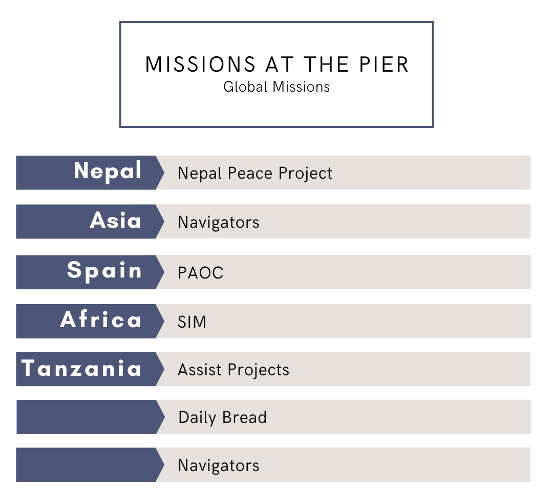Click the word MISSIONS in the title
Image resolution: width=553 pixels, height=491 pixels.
coord(200,65)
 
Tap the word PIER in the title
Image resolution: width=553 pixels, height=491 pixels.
coord(384,65)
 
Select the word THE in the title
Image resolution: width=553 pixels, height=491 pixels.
coord(326,65)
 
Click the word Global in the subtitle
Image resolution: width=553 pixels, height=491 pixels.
coord(245,87)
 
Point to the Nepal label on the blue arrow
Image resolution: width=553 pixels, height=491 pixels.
coord(108,171)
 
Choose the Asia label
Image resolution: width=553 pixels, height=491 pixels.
coord(116,220)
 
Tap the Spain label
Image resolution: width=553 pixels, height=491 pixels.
coord(104,271)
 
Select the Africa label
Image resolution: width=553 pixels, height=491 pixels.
coord(101,319)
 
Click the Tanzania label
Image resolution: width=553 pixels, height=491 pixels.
coord(81,368)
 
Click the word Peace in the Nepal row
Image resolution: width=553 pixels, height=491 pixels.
coord(250,173)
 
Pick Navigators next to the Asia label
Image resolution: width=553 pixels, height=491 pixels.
coord(219,223)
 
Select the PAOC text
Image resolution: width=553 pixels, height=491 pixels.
coord(201,273)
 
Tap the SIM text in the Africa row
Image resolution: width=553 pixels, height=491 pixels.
coord(192,322)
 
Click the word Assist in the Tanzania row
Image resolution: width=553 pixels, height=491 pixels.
coord(200,370)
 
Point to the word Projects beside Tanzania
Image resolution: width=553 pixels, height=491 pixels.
coord(259,370)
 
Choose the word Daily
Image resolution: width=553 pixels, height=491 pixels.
coord(198,418)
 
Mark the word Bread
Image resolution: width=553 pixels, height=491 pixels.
coord(244,418)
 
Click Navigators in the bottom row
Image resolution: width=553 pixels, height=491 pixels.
coord(219,465)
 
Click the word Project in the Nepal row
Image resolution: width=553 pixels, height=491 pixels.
coord(305,174)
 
